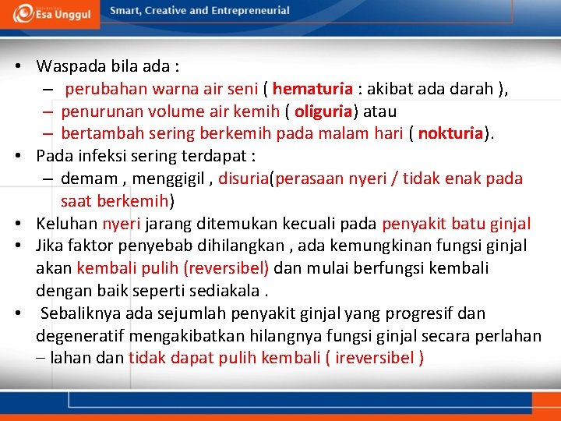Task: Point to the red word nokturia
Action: tap(450, 133)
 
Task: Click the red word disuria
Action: tap(243, 179)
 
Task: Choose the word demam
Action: tap(84, 179)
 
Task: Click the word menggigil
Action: tap(168, 179)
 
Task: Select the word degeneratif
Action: tap(80, 336)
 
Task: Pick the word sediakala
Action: tap(228, 291)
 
